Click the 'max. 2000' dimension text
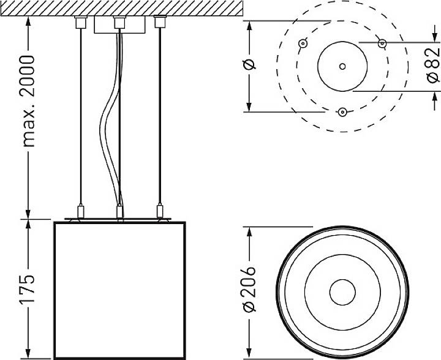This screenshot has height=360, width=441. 27,100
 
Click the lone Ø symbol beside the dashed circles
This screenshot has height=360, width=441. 249,64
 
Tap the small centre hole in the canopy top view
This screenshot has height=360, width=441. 342,66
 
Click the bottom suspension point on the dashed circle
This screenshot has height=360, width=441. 342,111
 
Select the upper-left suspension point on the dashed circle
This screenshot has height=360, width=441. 303,43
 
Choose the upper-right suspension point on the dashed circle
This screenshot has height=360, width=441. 382,43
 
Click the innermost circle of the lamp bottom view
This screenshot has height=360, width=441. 342,292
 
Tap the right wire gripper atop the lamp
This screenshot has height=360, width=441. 160,211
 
